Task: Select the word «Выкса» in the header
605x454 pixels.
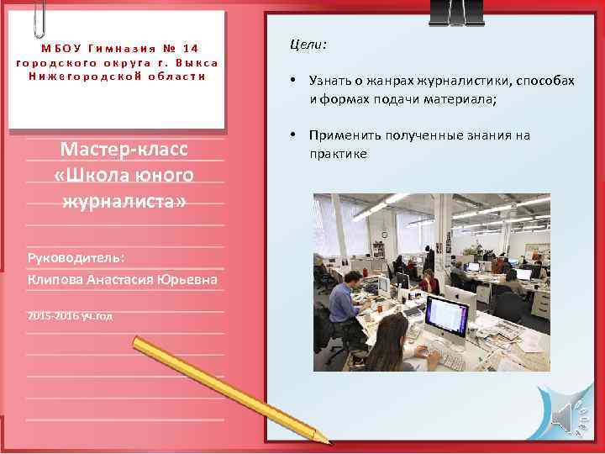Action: [x=197, y=61]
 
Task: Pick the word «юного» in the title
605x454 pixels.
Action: [x=159, y=175]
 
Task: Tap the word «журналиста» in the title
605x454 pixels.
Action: [x=123, y=202]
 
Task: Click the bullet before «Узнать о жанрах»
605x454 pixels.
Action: [x=289, y=81]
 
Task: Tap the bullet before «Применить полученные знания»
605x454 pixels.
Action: [x=289, y=135]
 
